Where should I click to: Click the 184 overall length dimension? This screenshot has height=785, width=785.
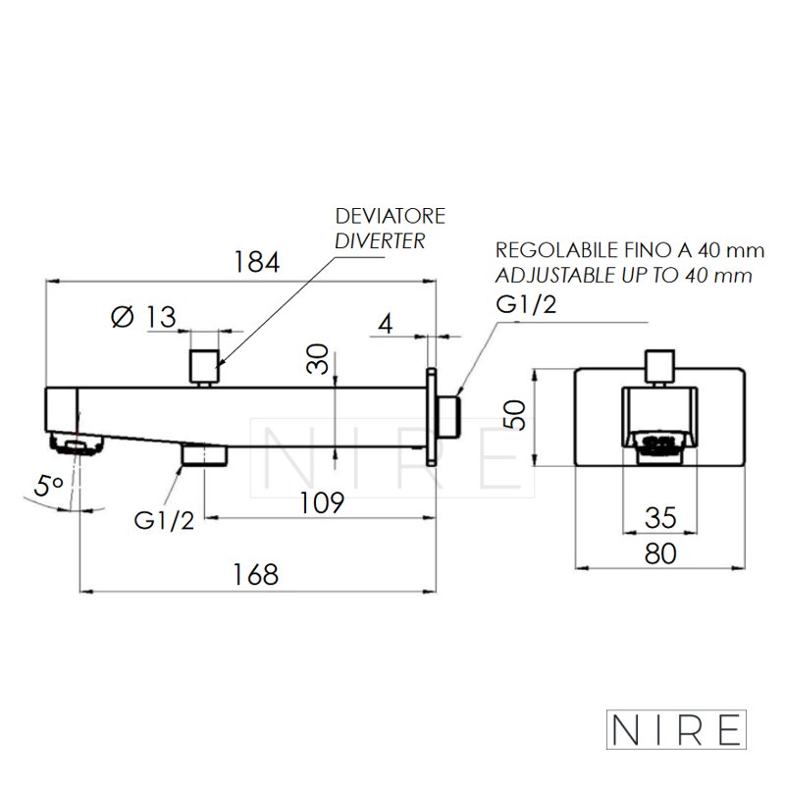point(256,262)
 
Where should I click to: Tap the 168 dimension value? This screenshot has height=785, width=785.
point(255,574)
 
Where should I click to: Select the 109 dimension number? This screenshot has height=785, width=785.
point(322,502)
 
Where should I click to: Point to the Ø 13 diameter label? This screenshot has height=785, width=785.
point(143,316)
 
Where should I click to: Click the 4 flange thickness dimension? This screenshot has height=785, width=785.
point(385,324)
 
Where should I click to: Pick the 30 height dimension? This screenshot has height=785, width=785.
point(317,358)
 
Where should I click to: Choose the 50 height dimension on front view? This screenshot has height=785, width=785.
point(514,415)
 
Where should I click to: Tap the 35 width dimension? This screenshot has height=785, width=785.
point(660,518)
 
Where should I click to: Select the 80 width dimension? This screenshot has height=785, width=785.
point(660,553)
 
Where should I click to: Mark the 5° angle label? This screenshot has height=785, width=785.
point(48,486)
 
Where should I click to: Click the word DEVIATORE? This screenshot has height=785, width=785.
point(390,216)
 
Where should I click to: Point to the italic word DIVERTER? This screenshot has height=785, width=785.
point(380,241)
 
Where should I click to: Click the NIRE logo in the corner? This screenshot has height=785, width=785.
point(676,729)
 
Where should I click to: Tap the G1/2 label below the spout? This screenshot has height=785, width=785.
point(164,521)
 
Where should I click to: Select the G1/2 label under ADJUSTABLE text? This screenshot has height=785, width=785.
point(526,304)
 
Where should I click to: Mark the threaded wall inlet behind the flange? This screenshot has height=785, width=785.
point(447,416)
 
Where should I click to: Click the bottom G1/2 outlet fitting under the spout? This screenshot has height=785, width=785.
point(205,454)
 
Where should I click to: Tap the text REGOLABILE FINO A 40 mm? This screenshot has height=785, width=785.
point(630,250)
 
